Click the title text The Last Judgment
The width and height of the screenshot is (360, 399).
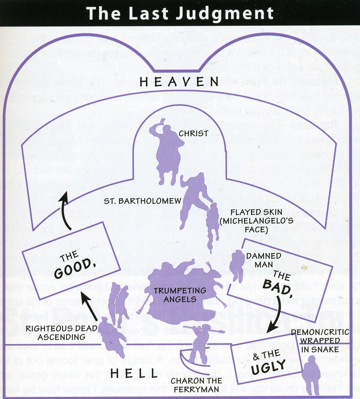point(180,13)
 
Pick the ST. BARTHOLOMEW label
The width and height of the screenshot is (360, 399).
point(143,201)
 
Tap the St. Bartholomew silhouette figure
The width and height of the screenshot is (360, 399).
point(193,197)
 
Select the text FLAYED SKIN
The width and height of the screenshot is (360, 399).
point(256,212)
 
